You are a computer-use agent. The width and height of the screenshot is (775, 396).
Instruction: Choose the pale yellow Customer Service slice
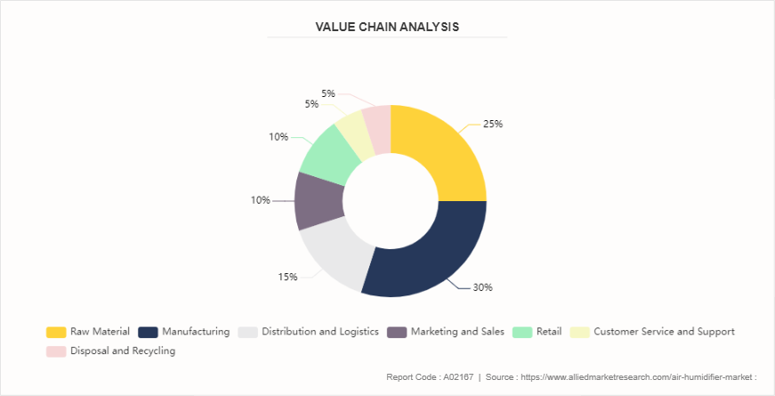pos(352,130)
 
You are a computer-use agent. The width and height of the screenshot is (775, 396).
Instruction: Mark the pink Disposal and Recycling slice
pos(377,123)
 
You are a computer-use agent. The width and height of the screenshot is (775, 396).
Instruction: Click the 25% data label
pos(492,124)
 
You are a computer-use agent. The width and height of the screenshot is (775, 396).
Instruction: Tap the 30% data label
pos(482,287)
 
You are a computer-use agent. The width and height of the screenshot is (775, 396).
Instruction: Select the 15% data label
pos(287,277)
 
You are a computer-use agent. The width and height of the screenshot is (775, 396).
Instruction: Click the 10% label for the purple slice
pos(260,200)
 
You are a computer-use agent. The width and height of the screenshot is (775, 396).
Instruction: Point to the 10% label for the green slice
pos(279,137)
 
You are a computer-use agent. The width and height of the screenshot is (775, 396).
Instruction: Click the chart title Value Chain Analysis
pos(387,27)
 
